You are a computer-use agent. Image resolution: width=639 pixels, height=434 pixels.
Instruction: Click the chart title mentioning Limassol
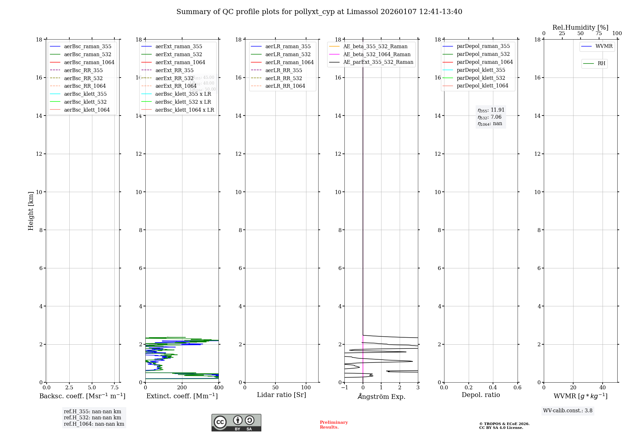(x=319, y=12)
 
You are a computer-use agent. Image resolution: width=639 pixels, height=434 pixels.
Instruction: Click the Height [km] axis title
(x=31, y=211)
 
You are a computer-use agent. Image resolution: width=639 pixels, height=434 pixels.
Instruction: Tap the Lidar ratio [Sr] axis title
(x=281, y=395)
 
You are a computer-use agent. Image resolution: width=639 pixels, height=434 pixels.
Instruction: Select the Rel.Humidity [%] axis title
(x=580, y=27)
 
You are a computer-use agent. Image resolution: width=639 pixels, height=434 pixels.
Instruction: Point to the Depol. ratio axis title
(x=481, y=395)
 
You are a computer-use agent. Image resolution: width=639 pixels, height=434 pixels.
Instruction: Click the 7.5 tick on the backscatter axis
(x=115, y=388)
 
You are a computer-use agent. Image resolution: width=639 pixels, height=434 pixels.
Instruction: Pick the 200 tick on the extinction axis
(x=182, y=388)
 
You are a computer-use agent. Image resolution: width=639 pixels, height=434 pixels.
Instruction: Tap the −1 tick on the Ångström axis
(x=344, y=388)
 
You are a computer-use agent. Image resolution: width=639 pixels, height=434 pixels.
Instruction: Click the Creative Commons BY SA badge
(x=236, y=423)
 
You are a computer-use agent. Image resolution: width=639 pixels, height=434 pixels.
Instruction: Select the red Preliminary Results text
(x=334, y=425)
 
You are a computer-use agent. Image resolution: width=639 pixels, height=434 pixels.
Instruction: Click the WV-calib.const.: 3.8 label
(x=568, y=411)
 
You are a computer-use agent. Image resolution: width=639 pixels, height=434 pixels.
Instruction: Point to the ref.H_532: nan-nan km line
(x=92, y=418)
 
